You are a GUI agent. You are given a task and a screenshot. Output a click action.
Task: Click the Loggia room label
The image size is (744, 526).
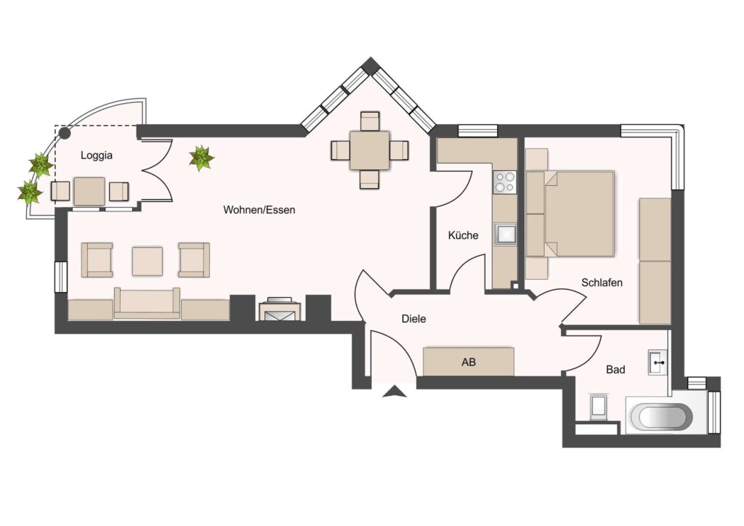97,155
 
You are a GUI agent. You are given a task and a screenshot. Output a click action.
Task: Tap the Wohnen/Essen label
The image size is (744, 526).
259,210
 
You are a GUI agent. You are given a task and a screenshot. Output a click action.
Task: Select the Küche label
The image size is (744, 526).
463,235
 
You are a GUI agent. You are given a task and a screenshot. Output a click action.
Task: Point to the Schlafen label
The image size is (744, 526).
602,283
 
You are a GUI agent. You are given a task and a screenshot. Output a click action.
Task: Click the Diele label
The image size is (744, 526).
413,319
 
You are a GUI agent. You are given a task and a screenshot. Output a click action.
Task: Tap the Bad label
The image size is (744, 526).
615,370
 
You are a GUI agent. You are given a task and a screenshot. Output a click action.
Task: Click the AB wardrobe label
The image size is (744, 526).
469,363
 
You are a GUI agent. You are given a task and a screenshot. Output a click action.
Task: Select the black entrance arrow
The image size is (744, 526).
395,392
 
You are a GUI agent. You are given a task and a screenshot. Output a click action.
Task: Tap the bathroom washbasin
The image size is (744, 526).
658,363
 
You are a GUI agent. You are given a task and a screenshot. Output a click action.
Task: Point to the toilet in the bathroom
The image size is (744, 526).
598,406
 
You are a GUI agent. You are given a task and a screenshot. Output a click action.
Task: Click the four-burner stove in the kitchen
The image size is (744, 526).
504,182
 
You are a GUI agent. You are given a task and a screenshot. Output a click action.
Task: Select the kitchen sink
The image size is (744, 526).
504,234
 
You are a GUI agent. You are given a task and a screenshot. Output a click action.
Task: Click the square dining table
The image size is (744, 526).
370,150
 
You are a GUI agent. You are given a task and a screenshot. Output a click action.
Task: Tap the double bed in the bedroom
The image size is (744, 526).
570,214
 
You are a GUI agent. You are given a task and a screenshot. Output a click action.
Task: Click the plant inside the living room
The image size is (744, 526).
201,158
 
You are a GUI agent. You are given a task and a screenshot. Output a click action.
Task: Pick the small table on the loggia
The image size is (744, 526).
89,192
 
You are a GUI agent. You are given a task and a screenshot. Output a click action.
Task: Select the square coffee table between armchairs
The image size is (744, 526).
147,261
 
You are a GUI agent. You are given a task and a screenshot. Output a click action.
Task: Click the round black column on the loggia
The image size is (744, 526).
65,134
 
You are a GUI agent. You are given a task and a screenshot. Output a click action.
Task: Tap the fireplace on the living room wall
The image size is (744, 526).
280,309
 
